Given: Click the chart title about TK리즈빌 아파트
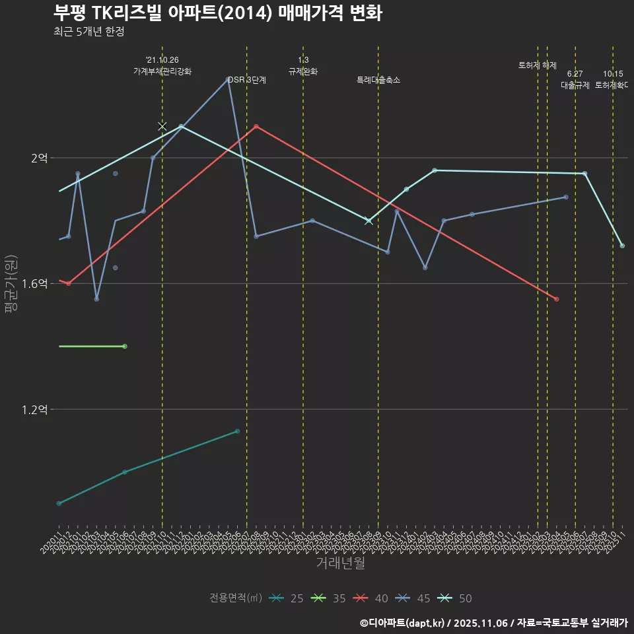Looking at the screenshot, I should (217, 13).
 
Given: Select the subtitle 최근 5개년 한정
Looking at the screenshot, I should (88, 32).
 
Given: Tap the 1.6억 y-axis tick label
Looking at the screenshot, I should (34, 284).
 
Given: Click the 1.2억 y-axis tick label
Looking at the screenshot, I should (34, 409).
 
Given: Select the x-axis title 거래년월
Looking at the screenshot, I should (340, 563).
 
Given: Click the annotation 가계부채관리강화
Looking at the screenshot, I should (162, 71).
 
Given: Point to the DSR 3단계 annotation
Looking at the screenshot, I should (247, 80).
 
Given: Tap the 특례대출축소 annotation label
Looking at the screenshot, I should (378, 80).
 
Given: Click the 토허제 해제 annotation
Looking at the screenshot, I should (538, 65).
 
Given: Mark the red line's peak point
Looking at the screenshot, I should (256, 126).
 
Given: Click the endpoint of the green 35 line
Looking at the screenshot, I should (125, 346).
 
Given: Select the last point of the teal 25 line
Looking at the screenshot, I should (237, 431).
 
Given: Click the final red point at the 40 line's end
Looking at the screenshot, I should (557, 299).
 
